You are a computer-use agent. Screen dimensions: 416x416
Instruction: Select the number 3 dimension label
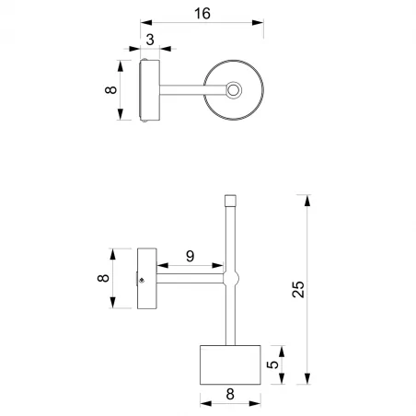(149, 40)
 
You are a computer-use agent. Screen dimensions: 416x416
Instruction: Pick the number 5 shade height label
(272, 365)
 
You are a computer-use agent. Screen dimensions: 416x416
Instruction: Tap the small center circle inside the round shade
(234, 90)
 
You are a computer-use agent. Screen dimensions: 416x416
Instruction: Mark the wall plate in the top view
(149, 90)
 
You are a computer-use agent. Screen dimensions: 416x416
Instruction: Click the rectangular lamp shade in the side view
(231, 365)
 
